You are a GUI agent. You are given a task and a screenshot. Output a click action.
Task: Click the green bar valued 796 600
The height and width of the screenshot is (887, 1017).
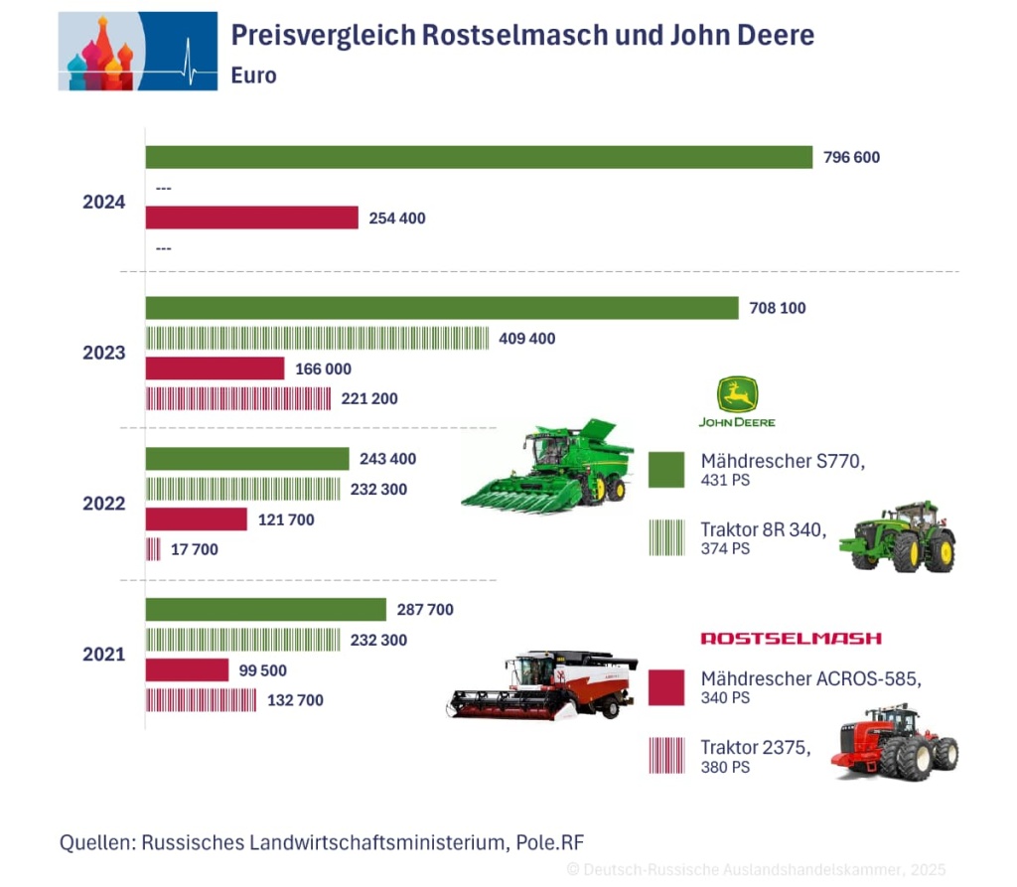[480, 157]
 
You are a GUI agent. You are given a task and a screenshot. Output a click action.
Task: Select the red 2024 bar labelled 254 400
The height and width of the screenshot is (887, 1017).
[252, 218]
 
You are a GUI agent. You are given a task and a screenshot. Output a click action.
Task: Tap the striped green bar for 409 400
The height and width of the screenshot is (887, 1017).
[318, 338]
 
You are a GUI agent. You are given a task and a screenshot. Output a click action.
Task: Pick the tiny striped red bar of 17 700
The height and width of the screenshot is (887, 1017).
[153, 548]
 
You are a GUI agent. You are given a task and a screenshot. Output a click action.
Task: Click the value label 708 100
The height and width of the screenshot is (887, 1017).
[778, 308]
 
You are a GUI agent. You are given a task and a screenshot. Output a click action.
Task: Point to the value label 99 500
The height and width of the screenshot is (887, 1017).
[263, 670]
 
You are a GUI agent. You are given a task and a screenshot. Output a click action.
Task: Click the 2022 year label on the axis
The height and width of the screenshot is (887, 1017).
[104, 504]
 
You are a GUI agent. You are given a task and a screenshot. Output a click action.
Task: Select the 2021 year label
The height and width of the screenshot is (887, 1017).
[104, 655]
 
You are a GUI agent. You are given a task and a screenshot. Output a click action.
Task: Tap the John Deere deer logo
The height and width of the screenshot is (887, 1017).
[737, 395]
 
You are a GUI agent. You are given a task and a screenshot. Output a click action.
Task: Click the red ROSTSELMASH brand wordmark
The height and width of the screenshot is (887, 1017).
[791, 638]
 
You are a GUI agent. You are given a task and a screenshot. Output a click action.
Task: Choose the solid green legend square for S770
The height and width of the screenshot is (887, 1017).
[666, 470]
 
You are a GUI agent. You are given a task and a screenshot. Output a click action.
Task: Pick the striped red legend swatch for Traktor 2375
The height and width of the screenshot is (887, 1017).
[666, 755]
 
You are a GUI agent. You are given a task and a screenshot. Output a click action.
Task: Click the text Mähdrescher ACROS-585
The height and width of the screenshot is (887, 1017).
[810, 679]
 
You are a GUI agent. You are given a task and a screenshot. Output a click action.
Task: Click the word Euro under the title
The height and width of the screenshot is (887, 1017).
[254, 75]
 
